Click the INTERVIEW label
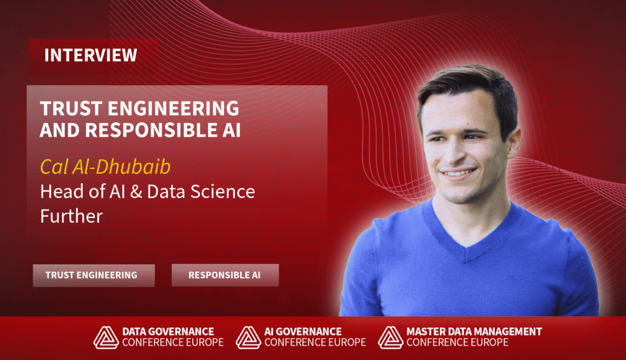tap(91, 55)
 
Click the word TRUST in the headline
tap(71, 109)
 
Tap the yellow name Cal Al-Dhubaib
tap(105, 166)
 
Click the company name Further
tap(71, 217)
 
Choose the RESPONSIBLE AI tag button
tap(225, 275)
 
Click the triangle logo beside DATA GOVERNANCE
tap(106, 337)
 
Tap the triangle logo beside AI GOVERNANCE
tap(248, 337)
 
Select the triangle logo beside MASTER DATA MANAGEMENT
tap(391, 337)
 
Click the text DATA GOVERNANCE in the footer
tap(168, 332)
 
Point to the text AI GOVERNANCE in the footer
tap(303, 332)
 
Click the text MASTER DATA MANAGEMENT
tap(474, 332)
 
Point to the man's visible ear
tap(512, 142)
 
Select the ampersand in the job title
tap(136, 192)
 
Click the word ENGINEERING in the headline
tap(173, 109)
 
